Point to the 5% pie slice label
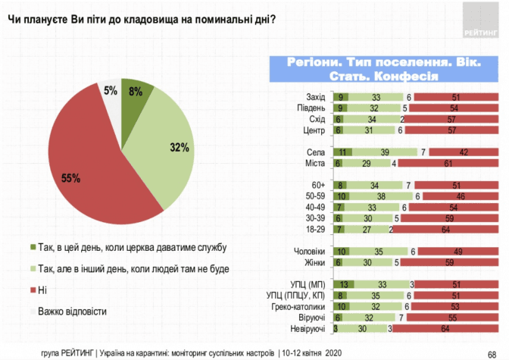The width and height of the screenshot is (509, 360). tap(111, 91)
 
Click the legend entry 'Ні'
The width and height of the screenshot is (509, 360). tap(42, 290)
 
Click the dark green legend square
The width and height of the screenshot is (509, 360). tap(32, 247)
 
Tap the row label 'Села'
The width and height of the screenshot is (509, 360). tap(317, 152)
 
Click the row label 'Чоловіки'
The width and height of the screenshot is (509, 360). tap(310, 252)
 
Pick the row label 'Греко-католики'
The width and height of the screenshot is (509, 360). tap(299, 307)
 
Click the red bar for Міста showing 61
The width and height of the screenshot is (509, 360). tap(447, 164)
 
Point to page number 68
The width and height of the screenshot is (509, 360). tap(492, 352)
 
